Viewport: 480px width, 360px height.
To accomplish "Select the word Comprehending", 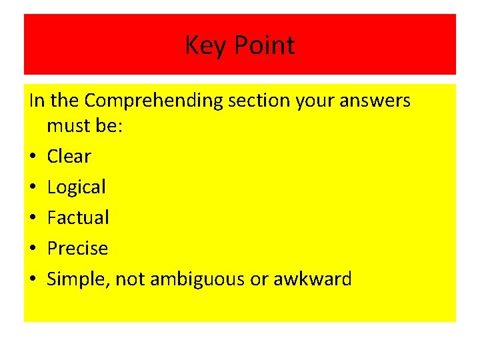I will tap(153, 101).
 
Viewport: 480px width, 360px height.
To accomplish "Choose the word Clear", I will tap(69, 157).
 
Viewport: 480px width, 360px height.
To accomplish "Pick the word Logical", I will tap(76, 187).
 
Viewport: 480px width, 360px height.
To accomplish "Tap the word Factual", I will tap(78, 217).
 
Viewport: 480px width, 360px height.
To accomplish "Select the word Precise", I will tap(77, 248).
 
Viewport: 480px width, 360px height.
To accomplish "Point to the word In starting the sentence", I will tap(37, 101).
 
